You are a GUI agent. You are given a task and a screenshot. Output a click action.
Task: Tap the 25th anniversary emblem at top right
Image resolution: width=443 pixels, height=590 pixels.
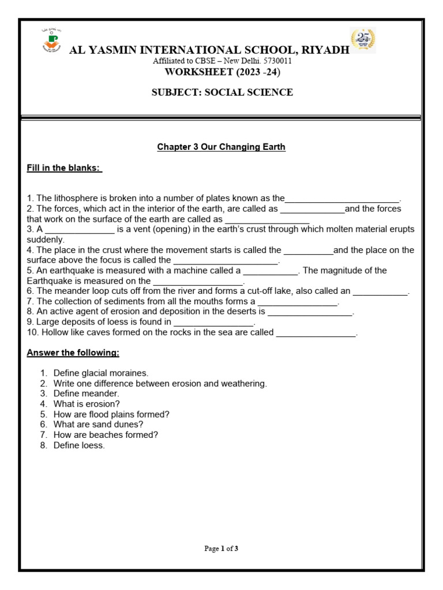coord(363,40)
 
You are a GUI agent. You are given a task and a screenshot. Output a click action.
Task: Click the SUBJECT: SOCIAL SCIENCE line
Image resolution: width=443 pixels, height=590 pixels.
coord(221,92)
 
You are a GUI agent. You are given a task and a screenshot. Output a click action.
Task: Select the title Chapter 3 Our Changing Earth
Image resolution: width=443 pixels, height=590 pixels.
coord(221,147)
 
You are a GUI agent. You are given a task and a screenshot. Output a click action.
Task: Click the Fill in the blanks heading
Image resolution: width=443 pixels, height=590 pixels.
coord(65,168)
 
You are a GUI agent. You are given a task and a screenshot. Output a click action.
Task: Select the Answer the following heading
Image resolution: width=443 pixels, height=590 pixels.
coord(73,352)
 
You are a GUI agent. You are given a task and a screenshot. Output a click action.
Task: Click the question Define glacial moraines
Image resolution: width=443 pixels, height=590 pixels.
coord(101,373)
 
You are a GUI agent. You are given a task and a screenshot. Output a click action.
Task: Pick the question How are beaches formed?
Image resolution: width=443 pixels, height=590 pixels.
coord(106,435)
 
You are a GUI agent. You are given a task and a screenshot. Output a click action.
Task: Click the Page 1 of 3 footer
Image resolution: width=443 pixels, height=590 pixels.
coord(221,549)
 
